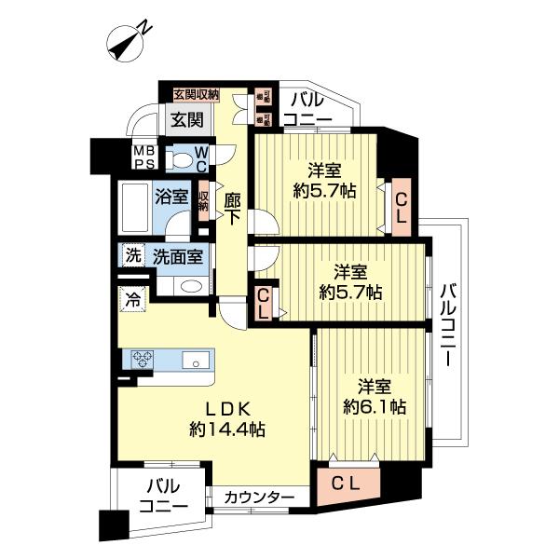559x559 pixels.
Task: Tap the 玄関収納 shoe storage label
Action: pyautogui.click(x=197, y=93)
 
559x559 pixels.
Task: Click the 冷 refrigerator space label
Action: pyautogui.click(x=132, y=300)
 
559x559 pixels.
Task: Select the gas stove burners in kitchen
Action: pyautogui.click(x=144, y=360)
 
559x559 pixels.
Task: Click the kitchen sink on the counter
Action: pyautogui.click(x=198, y=361)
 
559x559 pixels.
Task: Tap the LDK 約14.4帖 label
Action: pyautogui.click(x=227, y=418)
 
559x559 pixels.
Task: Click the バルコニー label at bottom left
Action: pyautogui.click(x=165, y=496)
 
